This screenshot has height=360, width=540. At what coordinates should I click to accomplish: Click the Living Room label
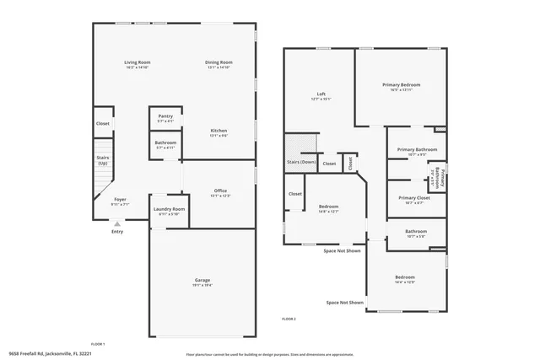(x=137, y=63)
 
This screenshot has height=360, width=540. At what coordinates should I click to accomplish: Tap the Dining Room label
(x=219, y=63)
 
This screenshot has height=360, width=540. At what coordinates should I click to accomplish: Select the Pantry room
(x=165, y=117)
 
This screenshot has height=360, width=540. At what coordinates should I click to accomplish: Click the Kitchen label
(x=219, y=132)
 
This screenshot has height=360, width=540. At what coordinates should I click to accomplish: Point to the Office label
(x=219, y=191)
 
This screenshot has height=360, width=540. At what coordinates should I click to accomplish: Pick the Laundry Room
(x=169, y=210)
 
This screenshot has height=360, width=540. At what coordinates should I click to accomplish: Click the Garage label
(x=202, y=281)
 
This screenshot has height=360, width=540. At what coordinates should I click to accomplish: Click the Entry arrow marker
(x=116, y=223)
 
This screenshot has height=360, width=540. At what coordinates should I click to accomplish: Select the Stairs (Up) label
(x=103, y=159)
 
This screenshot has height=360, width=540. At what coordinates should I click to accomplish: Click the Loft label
(x=321, y=94)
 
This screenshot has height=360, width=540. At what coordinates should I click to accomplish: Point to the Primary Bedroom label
(x=401, y=85)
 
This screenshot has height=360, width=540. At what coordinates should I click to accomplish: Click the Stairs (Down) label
(x=302, y=162)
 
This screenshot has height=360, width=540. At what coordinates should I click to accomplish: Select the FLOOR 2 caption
(x=289, y=319)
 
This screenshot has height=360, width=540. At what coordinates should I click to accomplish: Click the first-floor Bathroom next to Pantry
(x=165, y=144)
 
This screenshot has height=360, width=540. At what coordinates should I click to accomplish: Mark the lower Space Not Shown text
(x=345, y=303)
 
